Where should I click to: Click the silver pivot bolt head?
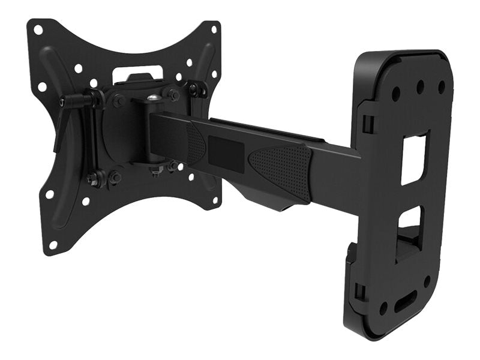click(154, 97)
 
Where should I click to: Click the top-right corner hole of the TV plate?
click(214, 29)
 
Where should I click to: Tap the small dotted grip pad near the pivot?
click(196, 144)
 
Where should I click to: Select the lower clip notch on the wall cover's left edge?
click(359, 291)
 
